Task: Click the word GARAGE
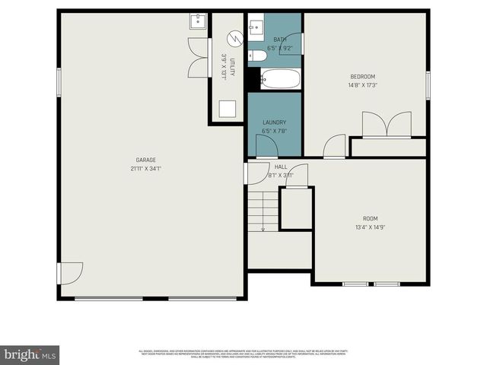(146, 160)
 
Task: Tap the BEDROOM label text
(362, 76)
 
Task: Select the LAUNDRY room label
(274, 122)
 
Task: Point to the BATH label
(279, 40)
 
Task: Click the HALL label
(281, 167)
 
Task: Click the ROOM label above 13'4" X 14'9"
(370, 218)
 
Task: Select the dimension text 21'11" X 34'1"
(146, 168)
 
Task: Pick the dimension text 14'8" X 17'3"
(362, 85)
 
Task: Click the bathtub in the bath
(281, 78)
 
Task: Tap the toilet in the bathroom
(258, 55)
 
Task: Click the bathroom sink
(256, 27)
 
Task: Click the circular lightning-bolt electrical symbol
(234, 36)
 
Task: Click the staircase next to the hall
(263, 211)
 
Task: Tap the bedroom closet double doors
(387, 125)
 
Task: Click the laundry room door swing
(266, 148)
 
